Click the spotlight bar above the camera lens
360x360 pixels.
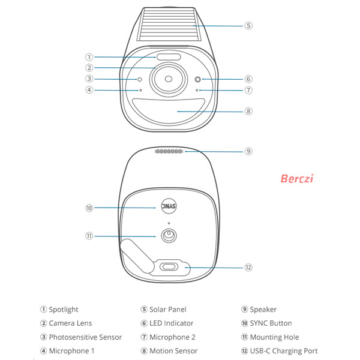click(169, 57)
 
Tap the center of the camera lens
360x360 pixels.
click(169, 79)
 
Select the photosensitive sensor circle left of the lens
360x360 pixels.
click(139, 79)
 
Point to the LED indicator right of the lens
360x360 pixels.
click(197, 79)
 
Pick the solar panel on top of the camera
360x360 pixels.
click(169, 24)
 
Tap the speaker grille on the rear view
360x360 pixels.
click(169, 151)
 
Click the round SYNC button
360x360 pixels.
click(169, 206)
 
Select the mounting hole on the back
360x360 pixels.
click(169, 236)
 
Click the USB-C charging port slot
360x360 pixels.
click(169, 267)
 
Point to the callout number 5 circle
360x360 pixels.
click(248, 25)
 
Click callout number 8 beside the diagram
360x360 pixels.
click(248, 112)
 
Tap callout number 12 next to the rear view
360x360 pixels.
click(248, 268)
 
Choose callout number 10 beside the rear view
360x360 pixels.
click(89, 208)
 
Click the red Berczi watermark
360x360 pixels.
click(296, 179)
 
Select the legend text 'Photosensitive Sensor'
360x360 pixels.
click(85, 337)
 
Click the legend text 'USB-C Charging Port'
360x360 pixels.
click(284, 351)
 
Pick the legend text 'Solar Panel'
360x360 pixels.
click(168, 310)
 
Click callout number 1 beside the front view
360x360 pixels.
click(89, 57)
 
